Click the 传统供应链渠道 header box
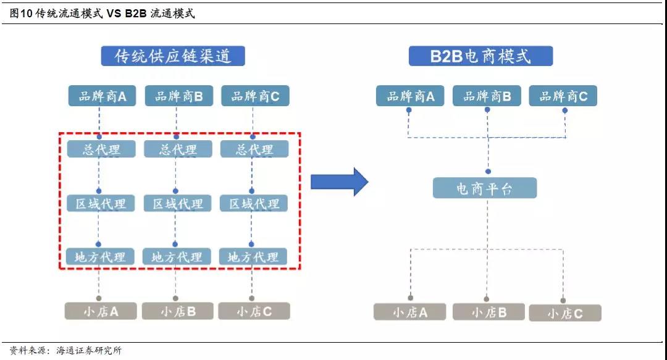tap(173, 56)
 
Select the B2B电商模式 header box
tap(480, 56)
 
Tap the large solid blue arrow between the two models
tap(339, 182)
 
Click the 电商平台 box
tap(484, 188)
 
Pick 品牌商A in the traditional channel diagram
tap(102, 96)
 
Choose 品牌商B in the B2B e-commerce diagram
tap(487, 96)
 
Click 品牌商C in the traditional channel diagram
tap(254, 96)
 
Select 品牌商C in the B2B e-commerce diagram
tap(563, 96)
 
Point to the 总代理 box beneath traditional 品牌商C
tap(254, 149)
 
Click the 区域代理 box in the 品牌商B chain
tap(177, 204)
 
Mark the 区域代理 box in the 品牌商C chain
tap(254, 204)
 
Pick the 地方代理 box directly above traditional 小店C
tap(253, 256)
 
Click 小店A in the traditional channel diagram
tap(101, 311)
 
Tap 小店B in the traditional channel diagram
tap(178, 311)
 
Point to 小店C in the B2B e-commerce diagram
tap(564, 314)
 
